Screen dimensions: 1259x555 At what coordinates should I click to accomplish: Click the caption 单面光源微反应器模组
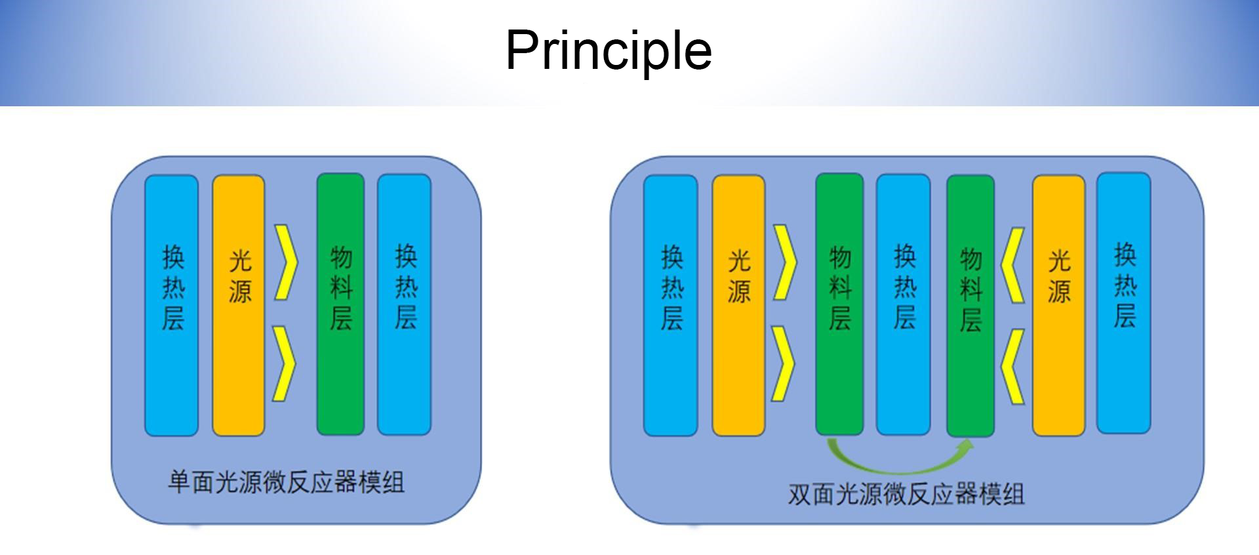tap(286, 482)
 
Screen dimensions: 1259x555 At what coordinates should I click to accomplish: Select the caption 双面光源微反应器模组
tap(906, 494)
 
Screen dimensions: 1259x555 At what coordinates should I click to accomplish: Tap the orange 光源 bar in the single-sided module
tap(239, 305)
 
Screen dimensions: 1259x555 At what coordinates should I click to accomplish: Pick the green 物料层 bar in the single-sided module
tap(340, 304)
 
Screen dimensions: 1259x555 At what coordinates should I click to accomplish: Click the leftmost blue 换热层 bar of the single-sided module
tap(171, 305)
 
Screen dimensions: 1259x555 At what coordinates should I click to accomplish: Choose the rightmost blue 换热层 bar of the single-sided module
tap(404, 304)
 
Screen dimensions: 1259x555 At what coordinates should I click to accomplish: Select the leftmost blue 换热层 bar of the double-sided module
tap(670, 305)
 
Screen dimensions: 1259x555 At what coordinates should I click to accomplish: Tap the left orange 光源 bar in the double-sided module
tap(738, 305)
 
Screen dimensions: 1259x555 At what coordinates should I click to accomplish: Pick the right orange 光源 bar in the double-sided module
tap(1058, 305)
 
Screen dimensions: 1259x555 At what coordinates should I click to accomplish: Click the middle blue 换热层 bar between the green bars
tap(904, 304)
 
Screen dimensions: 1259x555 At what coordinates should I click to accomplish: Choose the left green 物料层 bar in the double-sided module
tap(839, 304)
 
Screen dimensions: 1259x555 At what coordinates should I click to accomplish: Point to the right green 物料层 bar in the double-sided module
tap(970, 306)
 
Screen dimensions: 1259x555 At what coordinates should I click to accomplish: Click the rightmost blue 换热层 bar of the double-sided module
tap(1124, 303)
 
